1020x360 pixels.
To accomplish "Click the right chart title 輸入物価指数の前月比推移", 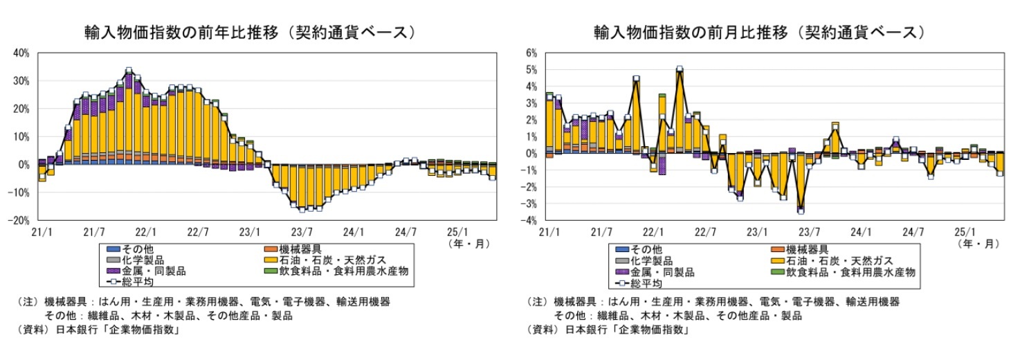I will coord(759,33).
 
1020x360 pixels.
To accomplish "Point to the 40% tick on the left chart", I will coord(20,53).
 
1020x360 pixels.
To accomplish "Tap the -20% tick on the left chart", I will coord(19,220).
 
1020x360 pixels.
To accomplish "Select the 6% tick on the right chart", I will coord(532,53).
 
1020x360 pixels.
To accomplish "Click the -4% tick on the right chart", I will coord(531,220).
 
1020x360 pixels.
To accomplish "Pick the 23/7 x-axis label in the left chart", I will coord(302,231).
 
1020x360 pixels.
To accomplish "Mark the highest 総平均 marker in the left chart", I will coord(129,71).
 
